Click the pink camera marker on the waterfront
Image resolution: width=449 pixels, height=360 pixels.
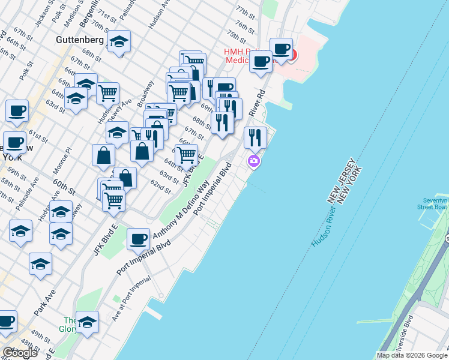pyautogui.click(x=254, y=161)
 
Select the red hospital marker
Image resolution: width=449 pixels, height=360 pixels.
pyautogui.click(x=292, y=55)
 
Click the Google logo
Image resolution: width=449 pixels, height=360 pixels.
pyautogui.click(x=20, y=352)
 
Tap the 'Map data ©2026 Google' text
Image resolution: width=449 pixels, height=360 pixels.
pyautogui.click(x=412, y=355)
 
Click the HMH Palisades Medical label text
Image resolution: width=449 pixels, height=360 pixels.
pyautogui.click(x=246, y=56)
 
